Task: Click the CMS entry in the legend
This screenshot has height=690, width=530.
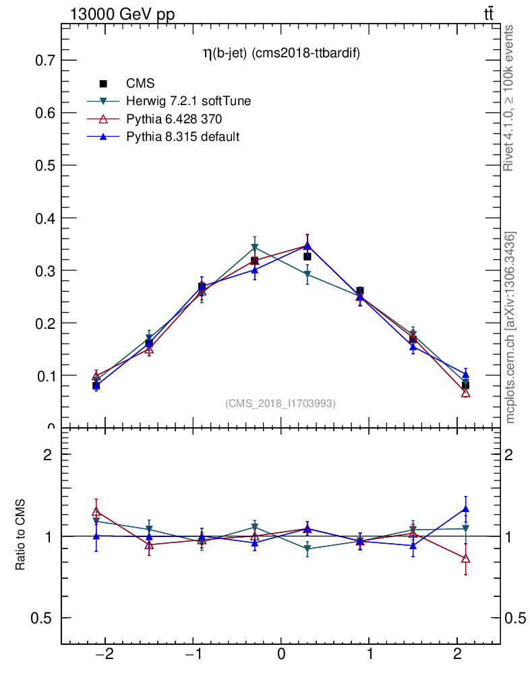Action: click(x=140, y=84)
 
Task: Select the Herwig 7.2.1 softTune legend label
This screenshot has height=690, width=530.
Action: click(x=188, y=101)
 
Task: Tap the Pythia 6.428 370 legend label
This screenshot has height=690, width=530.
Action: click(x=174, y=119)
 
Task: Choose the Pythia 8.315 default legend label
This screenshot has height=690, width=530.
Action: click(x=183, y=136)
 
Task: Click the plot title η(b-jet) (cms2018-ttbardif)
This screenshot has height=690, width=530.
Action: click(x=281, y=55)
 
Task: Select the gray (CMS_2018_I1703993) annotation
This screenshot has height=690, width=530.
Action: click(x=281, y=403)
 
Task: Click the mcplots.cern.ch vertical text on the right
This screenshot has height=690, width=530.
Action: click(x=510, y=327)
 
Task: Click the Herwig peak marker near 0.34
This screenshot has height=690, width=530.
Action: click(x=254, y=248)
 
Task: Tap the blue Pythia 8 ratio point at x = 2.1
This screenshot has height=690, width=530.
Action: click(x=465, y=509)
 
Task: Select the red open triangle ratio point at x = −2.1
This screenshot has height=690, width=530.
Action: click(x=96, y=512)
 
